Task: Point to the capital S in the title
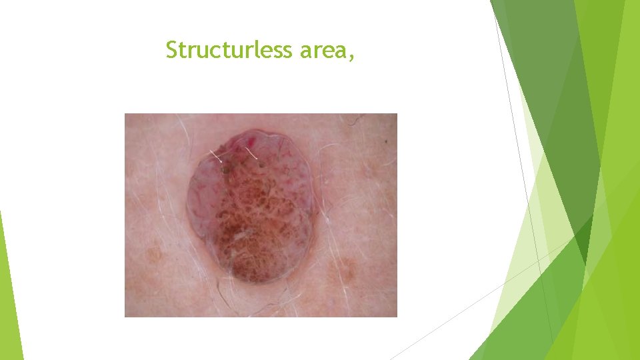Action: coord(171,50)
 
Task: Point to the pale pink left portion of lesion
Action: coord(203,200)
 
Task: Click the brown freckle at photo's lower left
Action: coord(155,255)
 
